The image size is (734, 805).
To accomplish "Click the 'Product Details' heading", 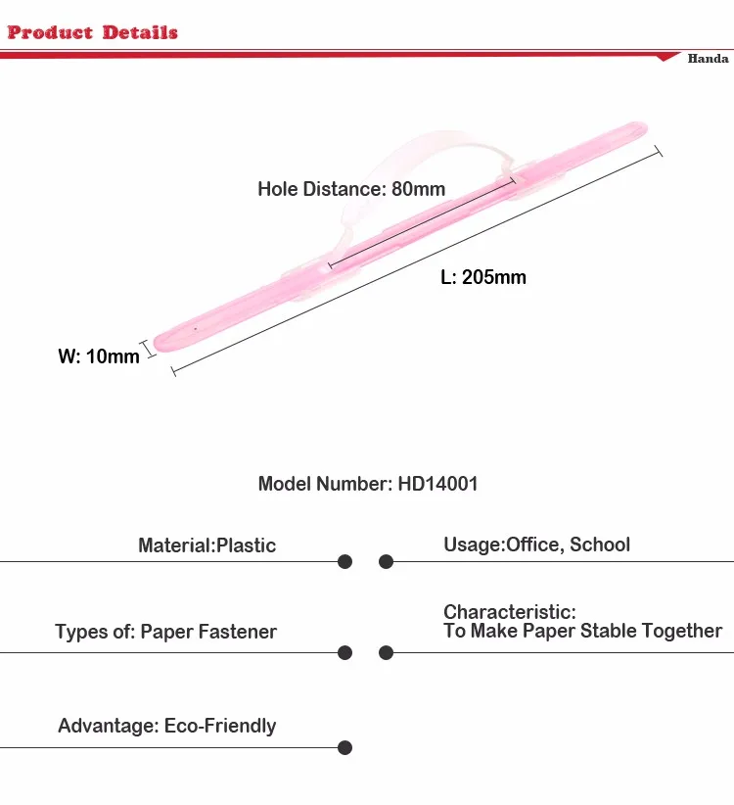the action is pyautogui.click(x=92, y=32).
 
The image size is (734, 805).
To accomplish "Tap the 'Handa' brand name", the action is pyautogui.click(x=708, y=59).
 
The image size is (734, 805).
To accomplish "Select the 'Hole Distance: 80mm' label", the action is pyautogui.click(x=351, y=189).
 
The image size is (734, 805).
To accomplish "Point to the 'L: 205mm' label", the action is pyautogui.click(x=483, y=277).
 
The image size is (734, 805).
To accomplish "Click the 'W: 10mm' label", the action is pyautogui.click(x=99, y=356).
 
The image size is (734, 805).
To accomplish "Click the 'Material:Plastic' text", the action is pyautogui.click(x=206, y=545).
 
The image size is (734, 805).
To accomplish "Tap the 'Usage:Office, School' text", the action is pyautogui.click(x=536, y=545).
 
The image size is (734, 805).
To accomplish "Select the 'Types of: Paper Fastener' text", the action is pyautogui.click(x=165, y=632).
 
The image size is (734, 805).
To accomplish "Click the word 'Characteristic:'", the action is pyautogui.click(x=510, y=612).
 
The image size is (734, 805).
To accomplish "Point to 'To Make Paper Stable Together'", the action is pyautogui.click(x=582, y=631).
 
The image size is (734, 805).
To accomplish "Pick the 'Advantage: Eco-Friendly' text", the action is pyautogui.click(x=166, y=726).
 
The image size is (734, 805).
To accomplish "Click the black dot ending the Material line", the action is pyautogui.click(x=344, y=562).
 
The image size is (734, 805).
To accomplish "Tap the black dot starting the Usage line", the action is pyautogui.click(x=387, y=562).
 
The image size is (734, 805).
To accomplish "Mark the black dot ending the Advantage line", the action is pyautogui.click(x=344, y=748).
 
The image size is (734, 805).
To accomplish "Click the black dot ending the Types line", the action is pyautogui.click(x=344, y=652).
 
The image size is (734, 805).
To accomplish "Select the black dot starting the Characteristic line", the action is pyautogui.click(x=387, y=652).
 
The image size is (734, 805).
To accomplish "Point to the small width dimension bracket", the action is pyautogui.click(x=149, y=347).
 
